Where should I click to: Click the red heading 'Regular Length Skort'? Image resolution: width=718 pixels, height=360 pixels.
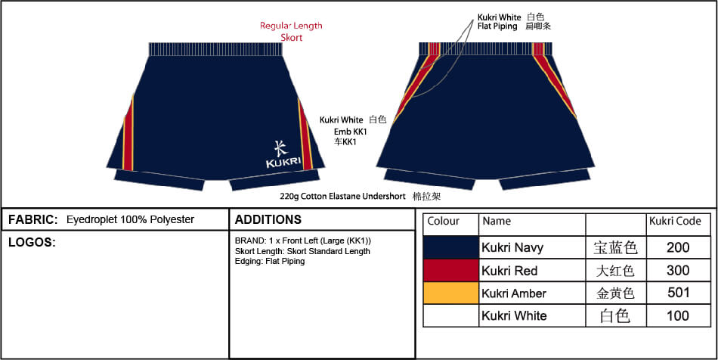pos(291,32)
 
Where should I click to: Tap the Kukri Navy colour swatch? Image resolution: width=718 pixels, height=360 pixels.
pos(451,247)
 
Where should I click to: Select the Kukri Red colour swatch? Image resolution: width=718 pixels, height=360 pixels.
pos(451,270)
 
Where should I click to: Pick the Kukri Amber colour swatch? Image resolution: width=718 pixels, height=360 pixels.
pos(451,293)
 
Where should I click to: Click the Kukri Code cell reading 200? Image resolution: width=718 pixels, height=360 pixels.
pos(678,247)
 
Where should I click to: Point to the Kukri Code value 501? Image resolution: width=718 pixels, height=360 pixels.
pos(678,292)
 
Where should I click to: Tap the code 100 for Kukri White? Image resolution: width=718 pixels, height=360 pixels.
pos(678,315)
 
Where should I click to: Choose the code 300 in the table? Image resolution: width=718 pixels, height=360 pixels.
pos(678,270)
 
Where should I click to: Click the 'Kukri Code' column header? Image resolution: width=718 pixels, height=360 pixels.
pos(675,222)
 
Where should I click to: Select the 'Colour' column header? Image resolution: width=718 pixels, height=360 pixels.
pos(443,222)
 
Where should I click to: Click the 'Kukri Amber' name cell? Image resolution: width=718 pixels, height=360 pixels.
pos(514,293)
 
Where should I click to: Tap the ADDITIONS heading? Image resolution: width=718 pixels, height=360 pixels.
pos(268,219)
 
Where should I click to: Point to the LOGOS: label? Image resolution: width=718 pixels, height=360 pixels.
pos(32,243)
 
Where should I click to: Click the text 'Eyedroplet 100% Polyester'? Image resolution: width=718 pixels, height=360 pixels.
pos(130,219)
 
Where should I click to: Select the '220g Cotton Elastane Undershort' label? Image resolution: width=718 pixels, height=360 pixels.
pos(342,197)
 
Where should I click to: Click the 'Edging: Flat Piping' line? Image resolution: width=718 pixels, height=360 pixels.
pos(270,262)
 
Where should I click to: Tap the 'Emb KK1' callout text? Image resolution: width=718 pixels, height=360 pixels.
pos(350,132)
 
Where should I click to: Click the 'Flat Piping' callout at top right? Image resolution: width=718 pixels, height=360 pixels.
pos(497,26)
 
